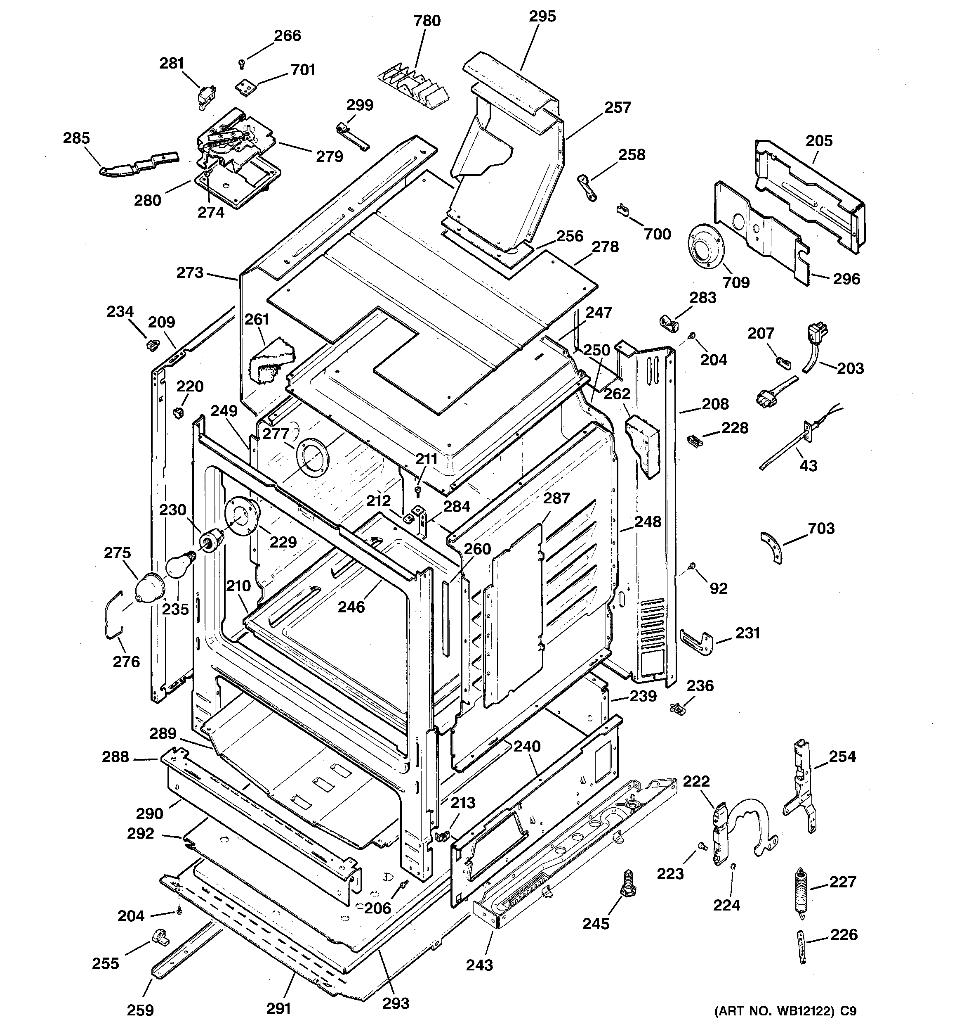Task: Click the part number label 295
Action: (x=542, y=17)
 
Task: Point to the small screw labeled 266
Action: (x=241, y=64)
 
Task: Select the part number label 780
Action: (x=427, y=21)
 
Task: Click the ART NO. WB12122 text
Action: (x=785, y=1010)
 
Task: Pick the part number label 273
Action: (x=190, y=273)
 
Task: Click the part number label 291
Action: (x=278, y=1008)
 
